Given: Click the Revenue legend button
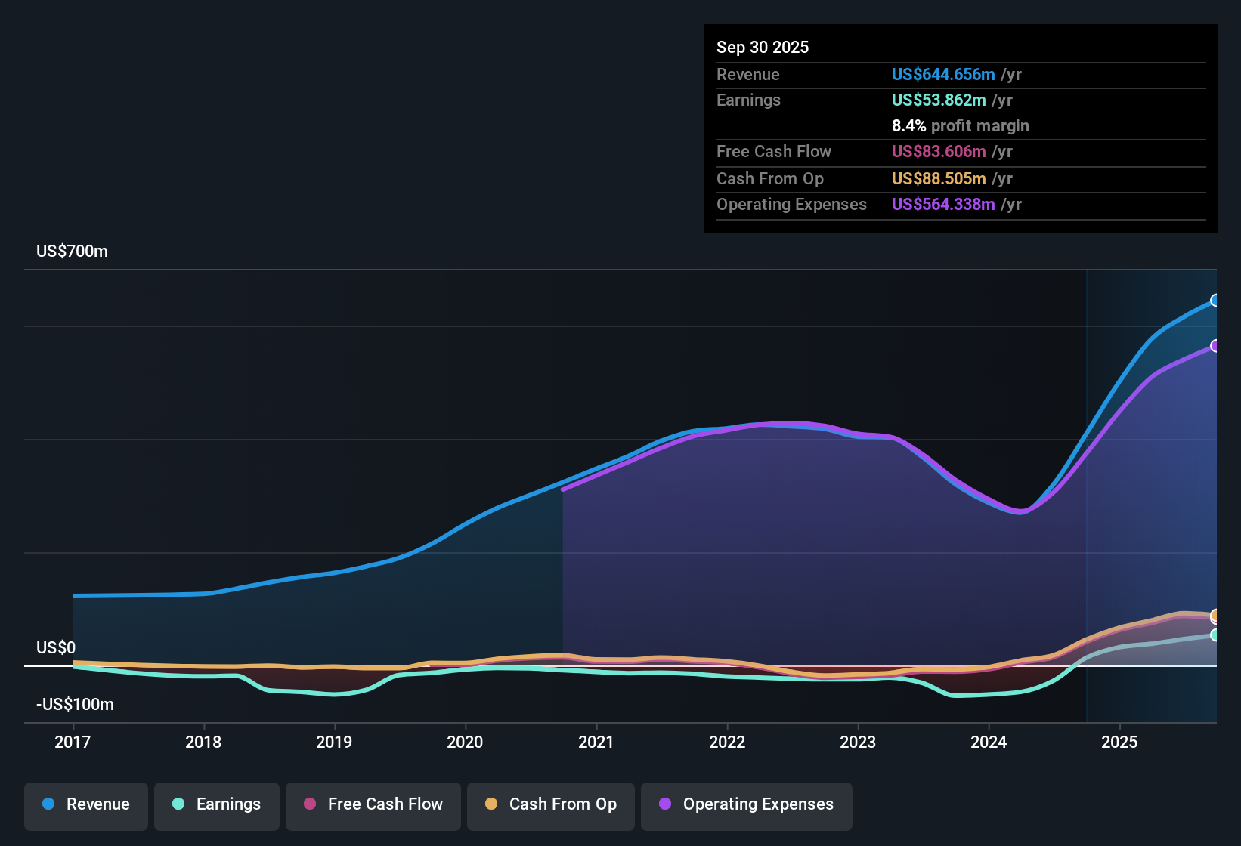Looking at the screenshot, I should (x=86, y=804).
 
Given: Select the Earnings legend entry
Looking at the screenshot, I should (x=217, y=804).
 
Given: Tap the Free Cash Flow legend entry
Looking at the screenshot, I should (x=373, y=804).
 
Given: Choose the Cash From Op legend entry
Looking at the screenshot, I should (x=551, y=804).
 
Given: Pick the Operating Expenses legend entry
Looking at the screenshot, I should (x=747, y=804).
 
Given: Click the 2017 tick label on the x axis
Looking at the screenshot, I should (x=73, y=743).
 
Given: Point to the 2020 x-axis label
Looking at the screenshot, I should (x=465, y=743).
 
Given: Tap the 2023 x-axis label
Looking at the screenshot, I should (x=858, y=743).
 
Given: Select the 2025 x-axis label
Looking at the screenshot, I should (x=1119, y=743).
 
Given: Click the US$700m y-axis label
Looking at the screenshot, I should (x=72, y=252).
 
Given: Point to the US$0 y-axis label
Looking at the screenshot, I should (x=56, y=648).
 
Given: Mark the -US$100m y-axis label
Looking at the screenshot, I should (x=75, y=705).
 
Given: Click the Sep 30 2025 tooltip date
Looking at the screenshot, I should (x=762, y=48).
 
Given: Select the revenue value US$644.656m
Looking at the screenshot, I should (x=942, y=75).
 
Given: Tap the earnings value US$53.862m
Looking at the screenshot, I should (x=938, y=100).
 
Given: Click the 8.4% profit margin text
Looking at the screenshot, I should (x=960, y=126).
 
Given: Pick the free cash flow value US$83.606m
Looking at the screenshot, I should (x=938, y=152).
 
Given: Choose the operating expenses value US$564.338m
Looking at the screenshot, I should (x=942, y=205).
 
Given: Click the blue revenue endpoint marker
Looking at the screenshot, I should (x=1215, y=301).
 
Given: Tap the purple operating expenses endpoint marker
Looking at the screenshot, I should (x=1215, y=346).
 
